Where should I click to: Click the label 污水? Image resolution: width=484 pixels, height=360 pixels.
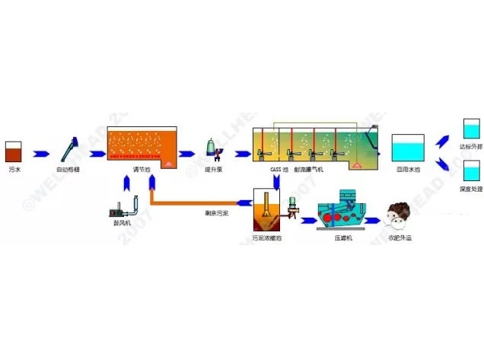tap(14, 168)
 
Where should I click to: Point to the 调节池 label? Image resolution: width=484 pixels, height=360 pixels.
tap(141, 168)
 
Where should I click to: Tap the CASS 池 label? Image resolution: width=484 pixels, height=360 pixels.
tap(279, 168)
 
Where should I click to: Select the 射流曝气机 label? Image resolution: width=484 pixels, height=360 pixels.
tap(309, 168)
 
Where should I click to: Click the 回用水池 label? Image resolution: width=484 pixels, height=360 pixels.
tap(408, 168)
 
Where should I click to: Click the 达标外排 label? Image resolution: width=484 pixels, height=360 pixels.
tap(472, 145)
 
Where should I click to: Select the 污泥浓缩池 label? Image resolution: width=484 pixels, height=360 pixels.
tap(266, 237)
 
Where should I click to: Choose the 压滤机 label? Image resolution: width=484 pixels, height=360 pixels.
tap(342, 237)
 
